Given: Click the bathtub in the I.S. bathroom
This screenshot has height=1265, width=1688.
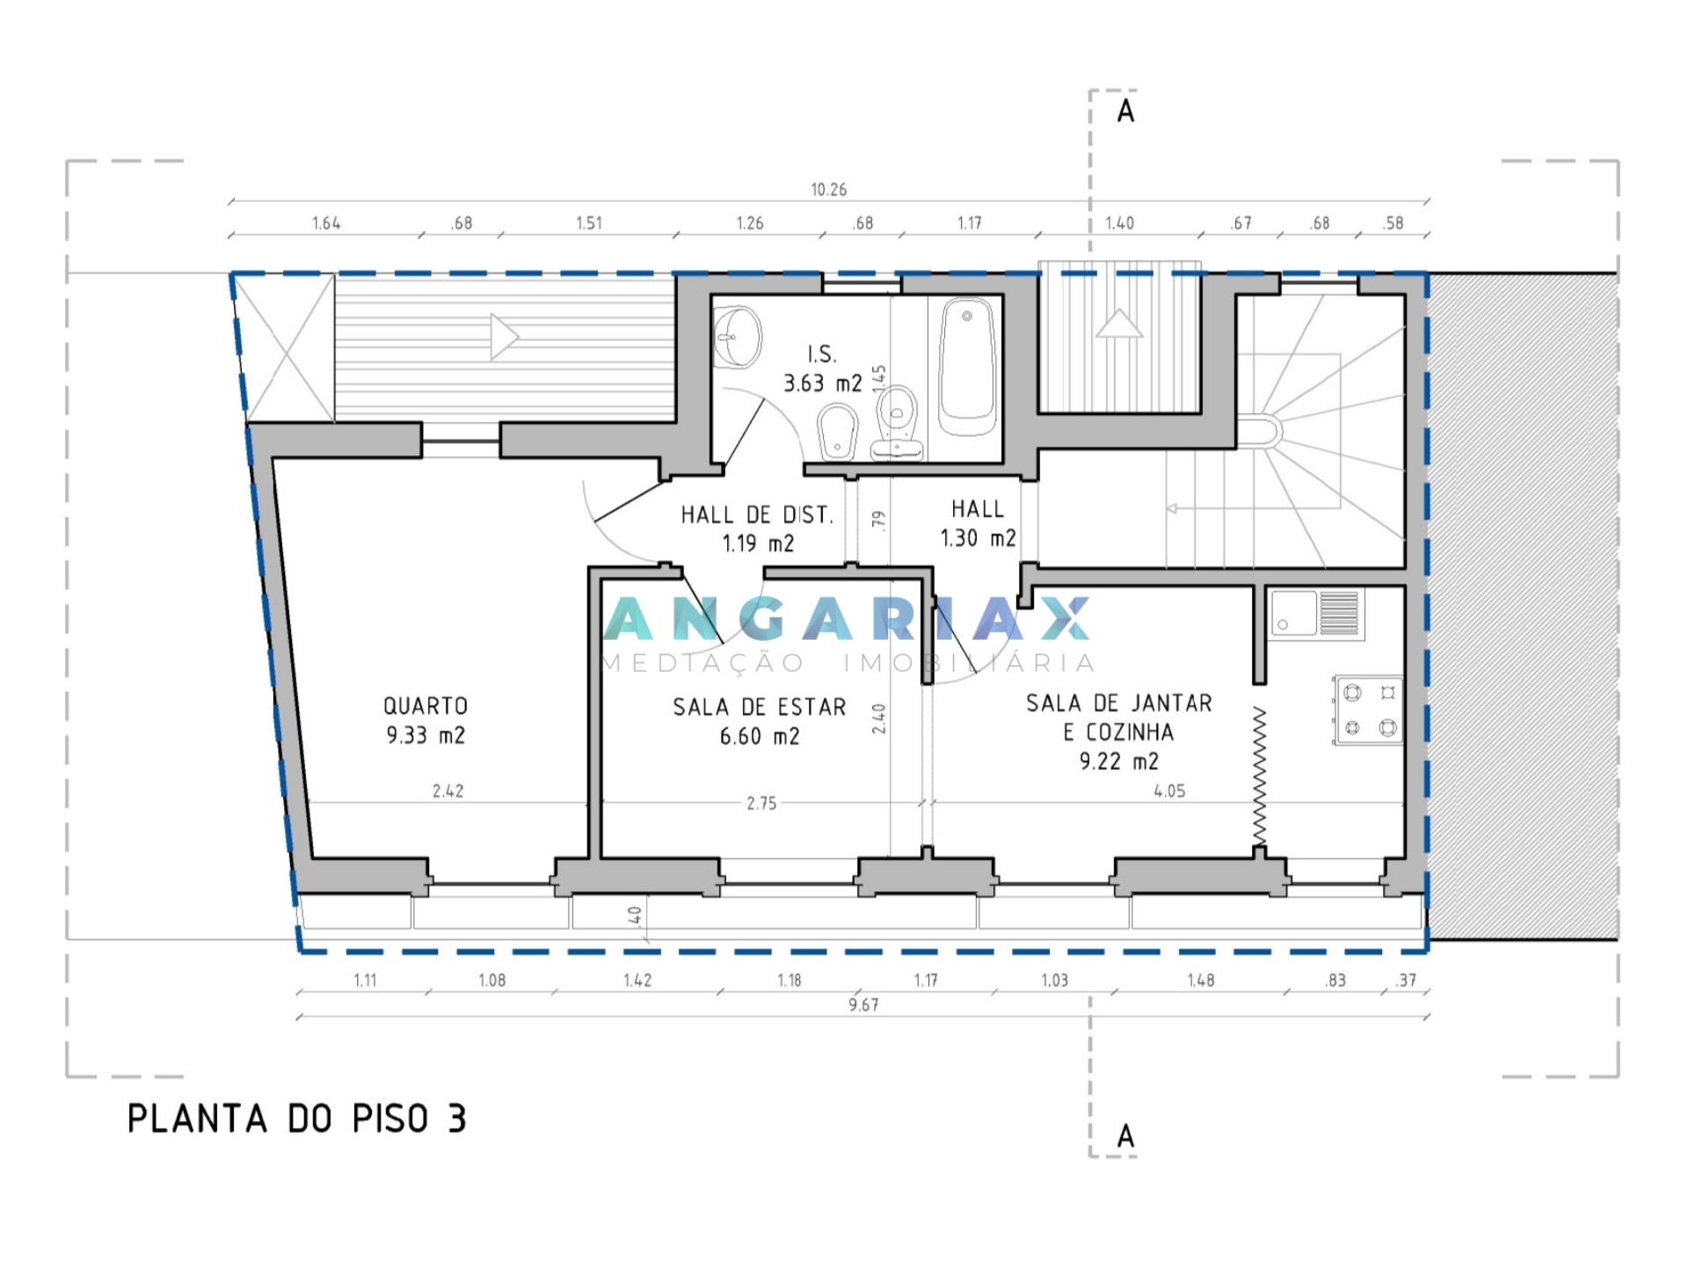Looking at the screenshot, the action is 967,367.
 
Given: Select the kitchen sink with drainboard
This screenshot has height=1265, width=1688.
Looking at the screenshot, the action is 1316,613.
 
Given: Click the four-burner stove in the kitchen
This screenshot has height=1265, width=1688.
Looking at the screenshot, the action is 1368,711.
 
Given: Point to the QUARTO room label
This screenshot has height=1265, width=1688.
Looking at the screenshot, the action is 426,706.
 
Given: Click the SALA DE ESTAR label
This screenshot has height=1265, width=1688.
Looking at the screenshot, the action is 760,708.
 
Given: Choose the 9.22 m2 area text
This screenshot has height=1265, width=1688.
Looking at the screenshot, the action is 1119,761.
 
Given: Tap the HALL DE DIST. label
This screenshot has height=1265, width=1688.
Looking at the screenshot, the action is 757,515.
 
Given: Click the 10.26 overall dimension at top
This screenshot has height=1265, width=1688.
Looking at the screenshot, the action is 829,190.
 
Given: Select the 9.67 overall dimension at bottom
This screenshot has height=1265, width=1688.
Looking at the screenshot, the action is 863,1005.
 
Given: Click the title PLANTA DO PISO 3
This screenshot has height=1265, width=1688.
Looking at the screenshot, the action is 297,1119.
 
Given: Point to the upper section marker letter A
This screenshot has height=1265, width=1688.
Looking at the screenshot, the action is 1125,113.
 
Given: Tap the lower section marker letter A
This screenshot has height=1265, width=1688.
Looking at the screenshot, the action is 1125,1137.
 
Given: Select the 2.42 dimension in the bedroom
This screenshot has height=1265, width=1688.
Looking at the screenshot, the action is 448,791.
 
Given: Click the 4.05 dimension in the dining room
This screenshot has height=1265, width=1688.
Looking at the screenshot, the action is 1169,791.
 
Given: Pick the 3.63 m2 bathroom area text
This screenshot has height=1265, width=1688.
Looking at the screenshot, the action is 823,384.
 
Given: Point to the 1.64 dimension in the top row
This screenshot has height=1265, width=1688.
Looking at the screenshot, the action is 326,223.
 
